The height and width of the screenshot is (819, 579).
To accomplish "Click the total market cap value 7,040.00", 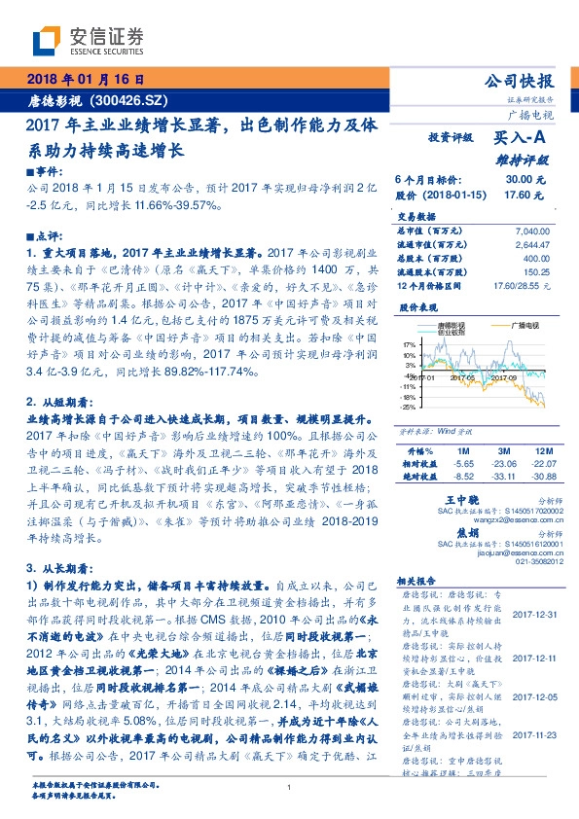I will (529, 231).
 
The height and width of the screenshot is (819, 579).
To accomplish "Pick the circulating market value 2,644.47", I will (529, 244).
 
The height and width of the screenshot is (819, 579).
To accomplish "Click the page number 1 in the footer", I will (290, 787).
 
